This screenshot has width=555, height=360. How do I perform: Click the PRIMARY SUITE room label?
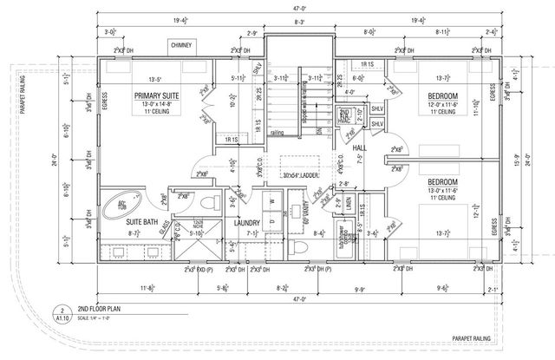(156, 95)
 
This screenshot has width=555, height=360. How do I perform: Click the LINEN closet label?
(348, 201)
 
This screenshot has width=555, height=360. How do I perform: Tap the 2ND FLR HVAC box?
(345, 115)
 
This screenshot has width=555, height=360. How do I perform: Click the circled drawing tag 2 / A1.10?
(62, 311)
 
